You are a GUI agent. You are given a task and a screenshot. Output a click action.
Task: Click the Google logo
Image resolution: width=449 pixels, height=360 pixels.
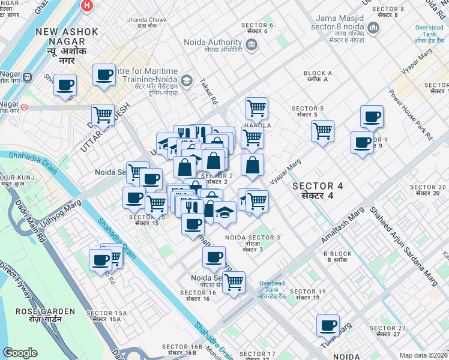coord(20,352)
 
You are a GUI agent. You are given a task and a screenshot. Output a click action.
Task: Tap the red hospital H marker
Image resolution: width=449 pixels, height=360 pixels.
coord(88,6)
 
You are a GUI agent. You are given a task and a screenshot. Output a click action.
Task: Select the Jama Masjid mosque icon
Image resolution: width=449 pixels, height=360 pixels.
coord(374,28)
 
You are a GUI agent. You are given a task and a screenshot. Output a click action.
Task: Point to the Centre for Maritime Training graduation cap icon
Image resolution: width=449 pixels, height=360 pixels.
coord(187,80)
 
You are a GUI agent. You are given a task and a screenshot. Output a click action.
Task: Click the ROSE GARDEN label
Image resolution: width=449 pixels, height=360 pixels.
coord(46,315)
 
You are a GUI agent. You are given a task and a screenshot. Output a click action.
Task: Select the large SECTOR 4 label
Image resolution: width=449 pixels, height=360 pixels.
coord(318,190)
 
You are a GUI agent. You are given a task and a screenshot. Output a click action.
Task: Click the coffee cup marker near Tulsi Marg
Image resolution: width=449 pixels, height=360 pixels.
coord(328,325)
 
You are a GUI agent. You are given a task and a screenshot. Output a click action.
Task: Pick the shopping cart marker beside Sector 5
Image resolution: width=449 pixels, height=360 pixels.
coord(323,130)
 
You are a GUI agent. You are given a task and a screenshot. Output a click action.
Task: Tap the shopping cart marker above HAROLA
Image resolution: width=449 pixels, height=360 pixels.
coord(256,108)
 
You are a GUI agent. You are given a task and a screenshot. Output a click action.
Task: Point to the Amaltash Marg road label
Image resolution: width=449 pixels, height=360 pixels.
coord(343,225)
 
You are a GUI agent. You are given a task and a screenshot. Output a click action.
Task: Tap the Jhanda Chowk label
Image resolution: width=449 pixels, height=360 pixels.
coord(146,23)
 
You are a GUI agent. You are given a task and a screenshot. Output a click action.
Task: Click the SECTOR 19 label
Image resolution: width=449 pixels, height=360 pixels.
coord(307,295)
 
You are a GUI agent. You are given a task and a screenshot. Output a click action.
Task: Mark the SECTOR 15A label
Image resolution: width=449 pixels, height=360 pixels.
coord(106,316)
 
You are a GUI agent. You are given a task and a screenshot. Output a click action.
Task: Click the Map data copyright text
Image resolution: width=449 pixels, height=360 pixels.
coord(424,355)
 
